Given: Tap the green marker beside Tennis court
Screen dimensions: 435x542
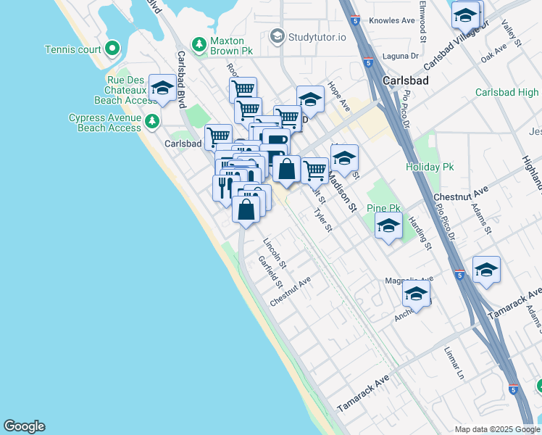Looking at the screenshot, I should point(112,49).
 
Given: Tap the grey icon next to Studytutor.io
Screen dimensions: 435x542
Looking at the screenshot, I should point(276,36).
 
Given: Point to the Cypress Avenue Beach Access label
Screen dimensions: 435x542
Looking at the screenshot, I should point(104,123).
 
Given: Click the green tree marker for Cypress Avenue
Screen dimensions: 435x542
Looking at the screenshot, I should point(151,120).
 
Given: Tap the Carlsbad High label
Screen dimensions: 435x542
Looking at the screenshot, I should point(507,93).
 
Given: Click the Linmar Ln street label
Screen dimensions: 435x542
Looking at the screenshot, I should point(454,362).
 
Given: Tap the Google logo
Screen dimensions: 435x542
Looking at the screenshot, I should point(25,426).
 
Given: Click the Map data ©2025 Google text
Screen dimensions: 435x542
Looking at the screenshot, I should point(497,429).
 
